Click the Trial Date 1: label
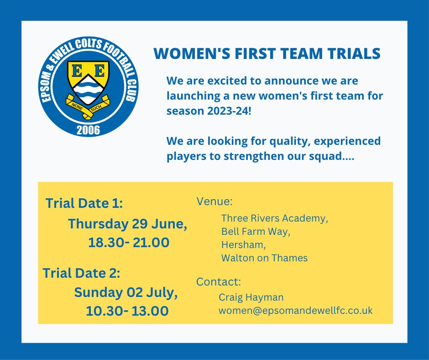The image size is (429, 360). pos(84,203)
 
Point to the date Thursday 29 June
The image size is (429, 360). pos(127,224)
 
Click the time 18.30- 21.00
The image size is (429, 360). pos(129,243)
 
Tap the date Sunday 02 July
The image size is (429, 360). pos(126,292)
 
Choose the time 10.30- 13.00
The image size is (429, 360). pos(127,311)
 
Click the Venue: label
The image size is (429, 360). pos(214,201)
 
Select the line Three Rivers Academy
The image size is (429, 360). pos(274,218)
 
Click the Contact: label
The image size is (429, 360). pos(218,281)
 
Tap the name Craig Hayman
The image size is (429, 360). pos(251,297)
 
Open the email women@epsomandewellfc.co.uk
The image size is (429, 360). pos(296,311)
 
